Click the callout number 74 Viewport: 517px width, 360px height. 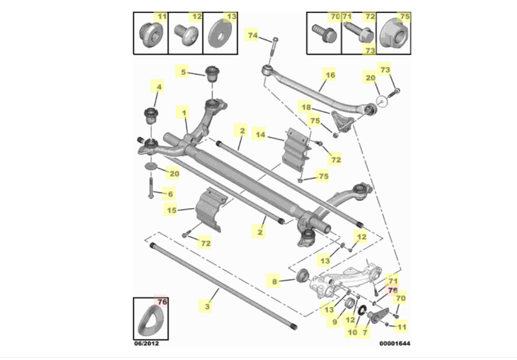coord(253,35)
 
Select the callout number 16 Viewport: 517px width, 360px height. coord(330,75)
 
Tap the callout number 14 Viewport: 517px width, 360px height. coord(260,134)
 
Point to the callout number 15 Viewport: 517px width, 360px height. coord(172,210)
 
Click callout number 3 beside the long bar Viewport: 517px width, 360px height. coord(207,306)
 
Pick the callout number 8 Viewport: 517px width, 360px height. coord(275,282)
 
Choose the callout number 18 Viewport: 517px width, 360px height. coord(306,107)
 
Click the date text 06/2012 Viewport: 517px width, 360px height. coord(147,343)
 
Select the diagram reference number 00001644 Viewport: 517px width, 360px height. coord(395,343)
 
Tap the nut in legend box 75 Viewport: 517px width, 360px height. coord(394,35)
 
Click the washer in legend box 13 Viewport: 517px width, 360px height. coord(220,34)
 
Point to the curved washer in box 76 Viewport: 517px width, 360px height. coord(151,321)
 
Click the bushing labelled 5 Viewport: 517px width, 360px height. coord(213,75)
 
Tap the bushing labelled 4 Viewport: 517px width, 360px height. coord(151,116)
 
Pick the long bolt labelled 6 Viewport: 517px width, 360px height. coord(151,187)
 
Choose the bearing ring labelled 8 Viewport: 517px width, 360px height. coord(302,275)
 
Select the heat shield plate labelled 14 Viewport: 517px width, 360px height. coord(297,150)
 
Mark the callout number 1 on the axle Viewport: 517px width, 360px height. coord(184,113)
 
